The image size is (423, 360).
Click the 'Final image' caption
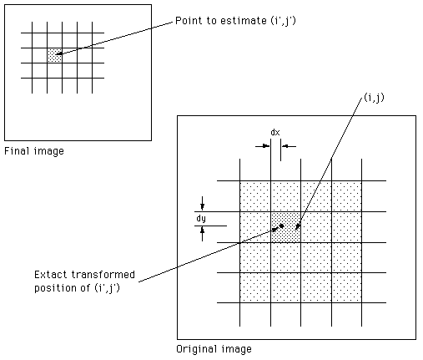click(x=34, y=151)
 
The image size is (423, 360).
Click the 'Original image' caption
click(x=214, y=349)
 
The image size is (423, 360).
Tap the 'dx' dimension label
click(x=275, y=132)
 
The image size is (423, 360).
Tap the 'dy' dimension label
click(x=201, y=219)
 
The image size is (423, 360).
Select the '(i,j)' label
click(x=374, y=98)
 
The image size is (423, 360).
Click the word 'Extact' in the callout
click(x=51, y=275)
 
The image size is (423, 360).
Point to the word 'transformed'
click(x=103, y=275)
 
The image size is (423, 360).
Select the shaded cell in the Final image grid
click(x=54, y=55)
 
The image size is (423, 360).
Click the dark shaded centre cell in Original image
click(x=285, y=227)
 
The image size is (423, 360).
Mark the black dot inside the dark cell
click(x=281, y=226)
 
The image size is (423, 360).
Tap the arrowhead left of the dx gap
click(x=266, y=146)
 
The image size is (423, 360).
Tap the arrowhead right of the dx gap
click(x=285, y=146)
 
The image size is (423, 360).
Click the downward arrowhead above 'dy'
click(x=202, y=207)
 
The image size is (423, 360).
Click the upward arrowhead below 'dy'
click(x=202, y=231)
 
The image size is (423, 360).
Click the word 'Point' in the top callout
click(x=189, y=21)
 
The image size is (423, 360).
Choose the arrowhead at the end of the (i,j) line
click(x=297, y=227)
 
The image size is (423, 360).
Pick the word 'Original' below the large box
click(x=196, y=349)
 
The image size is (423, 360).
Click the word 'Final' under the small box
click(x=17, y=151)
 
